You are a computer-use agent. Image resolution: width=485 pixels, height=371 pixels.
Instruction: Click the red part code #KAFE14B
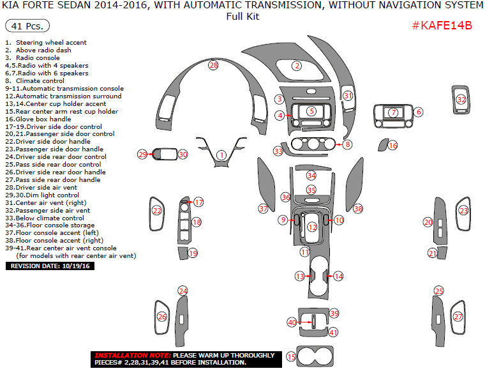pyautogui.click(x=442, y=26)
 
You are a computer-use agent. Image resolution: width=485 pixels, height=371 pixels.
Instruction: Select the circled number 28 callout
pyautogui.click(x=213, y=65)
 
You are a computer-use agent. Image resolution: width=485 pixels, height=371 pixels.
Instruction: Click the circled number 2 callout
pyautogui.click(x=297, y=66)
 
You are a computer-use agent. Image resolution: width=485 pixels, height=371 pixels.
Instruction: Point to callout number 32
pyautogui.click(x=461, y=100)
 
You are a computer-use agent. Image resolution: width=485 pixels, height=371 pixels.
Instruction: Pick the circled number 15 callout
pyautogui.click(x=292, y=357)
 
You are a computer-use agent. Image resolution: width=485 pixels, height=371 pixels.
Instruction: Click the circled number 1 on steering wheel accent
pyautogui.click(x=221, y=155)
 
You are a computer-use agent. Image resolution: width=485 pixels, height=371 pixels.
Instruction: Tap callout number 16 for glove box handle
pyautogui.click(x=393, y=146)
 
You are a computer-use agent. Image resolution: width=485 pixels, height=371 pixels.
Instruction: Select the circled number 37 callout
pyautogui.click(x=262, y=209)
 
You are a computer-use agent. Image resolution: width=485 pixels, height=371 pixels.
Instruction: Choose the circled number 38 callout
pyautogui.click(x=358, y=209)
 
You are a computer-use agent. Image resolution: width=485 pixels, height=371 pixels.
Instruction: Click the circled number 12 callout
pyautogui.click(x=312, y=227)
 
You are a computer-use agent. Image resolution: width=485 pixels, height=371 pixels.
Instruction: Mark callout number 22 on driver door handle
pyautogui.click(x=157, y=210)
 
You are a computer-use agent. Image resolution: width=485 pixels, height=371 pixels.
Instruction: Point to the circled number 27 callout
pyautogui.click(x=458, y=317)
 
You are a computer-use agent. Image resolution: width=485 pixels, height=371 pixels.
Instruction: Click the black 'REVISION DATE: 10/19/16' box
pyautogui.click(x=50, y=266)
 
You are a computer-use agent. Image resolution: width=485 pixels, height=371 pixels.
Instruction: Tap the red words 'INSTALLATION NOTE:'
pyautogui.click(x=131, y=355)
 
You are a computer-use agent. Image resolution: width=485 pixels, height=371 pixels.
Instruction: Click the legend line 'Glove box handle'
pyautogui.click(x=43, y=119)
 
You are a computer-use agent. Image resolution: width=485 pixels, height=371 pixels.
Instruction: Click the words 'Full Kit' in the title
pyautogui.click(x=243, y=17)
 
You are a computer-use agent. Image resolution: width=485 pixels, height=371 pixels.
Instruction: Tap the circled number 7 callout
pyautogui.click(x=394, y=112)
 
